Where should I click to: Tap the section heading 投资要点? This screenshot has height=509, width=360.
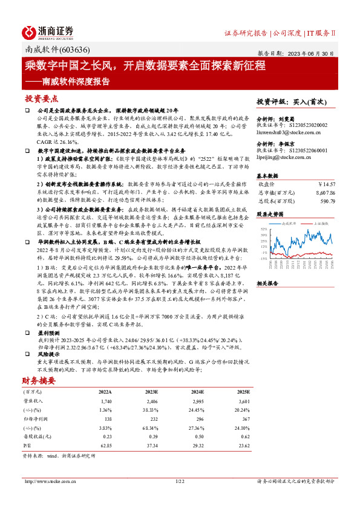point(42,98)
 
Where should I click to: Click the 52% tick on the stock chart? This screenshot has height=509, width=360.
point(263,229)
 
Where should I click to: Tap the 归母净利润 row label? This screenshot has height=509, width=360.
point(34,420)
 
